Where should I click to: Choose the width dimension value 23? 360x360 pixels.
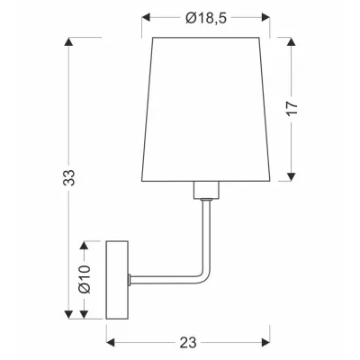[187, 344]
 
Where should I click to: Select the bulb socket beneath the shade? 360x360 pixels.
[207, 189]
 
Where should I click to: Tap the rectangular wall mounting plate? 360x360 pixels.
[118, 280]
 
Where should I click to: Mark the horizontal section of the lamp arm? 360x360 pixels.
[166, 279]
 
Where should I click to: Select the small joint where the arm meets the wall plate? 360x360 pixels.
[131, 279]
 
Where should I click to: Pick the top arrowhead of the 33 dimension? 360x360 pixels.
[69, 40]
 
